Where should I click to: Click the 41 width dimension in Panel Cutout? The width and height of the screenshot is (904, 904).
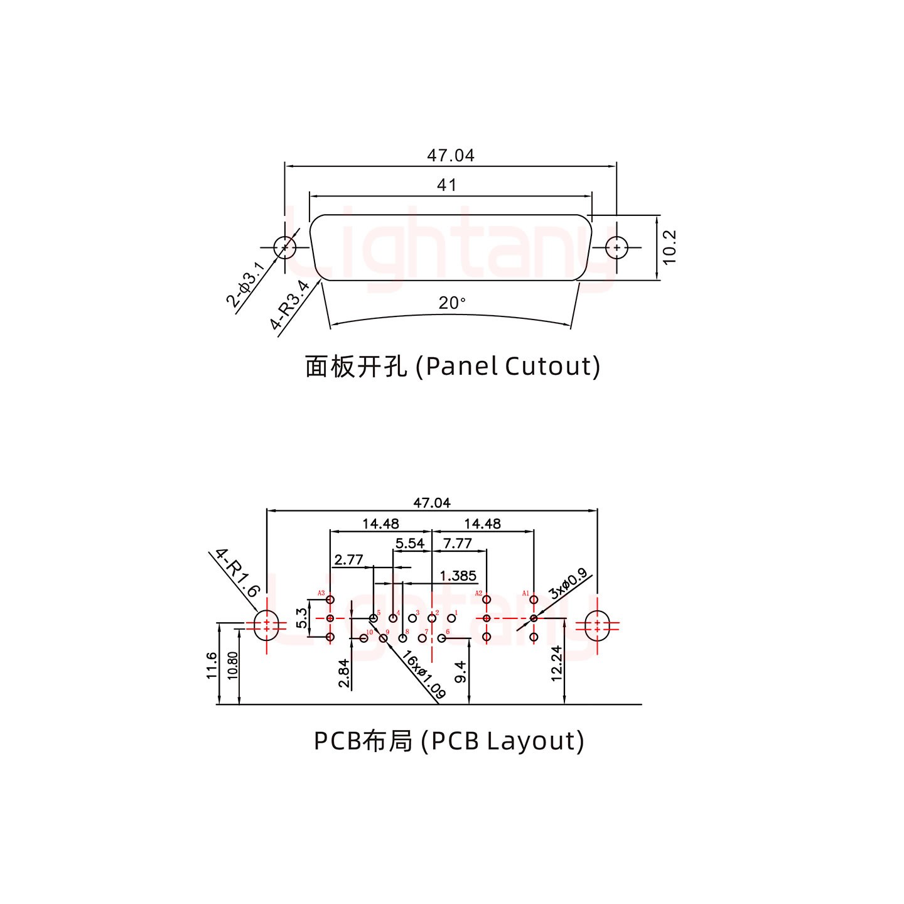[x=446, y=185]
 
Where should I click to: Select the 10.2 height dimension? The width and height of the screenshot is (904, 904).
[x=670, y=247]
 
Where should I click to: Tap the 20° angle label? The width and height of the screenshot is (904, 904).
[x=451, y=303]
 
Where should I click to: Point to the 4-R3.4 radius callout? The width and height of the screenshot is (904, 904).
[x=290, y=306]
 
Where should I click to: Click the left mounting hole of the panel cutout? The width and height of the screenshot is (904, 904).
[x=286, y=247]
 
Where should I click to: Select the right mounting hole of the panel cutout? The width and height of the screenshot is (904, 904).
[x=617, y=247]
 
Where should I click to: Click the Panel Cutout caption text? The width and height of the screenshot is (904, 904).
[x=452, y=366]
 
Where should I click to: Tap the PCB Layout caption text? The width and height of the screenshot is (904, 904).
[x=449, y=741]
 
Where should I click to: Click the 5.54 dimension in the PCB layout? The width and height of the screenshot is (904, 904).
[x=409, y=543]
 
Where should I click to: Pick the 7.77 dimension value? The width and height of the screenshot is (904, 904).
[x=457, y=543]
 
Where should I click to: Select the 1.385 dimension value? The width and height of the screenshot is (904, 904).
[x=458, y=576]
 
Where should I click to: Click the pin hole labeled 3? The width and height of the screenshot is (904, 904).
[x=412, y=618]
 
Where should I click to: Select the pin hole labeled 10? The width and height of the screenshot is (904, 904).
[x=363, y=638]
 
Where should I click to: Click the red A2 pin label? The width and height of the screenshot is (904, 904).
[x=478, y=593]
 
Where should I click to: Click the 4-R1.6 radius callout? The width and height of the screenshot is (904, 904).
[x=236, y=573]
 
